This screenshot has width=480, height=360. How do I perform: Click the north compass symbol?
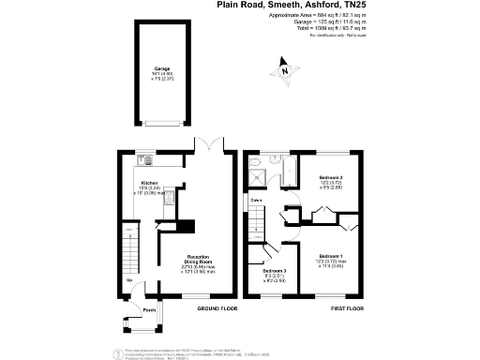point(282,67)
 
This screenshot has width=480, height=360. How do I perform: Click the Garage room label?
point(162,70)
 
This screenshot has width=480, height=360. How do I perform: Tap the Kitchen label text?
point(148,184)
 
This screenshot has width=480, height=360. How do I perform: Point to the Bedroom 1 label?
point(330,257)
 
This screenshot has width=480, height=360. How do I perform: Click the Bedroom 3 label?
point(274,273)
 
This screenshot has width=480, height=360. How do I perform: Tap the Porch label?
point(148,311)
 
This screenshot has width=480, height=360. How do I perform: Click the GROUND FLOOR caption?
point(217,307)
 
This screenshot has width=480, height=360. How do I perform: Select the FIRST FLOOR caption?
point(347,307)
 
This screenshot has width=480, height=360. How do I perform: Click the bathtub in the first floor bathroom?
point(280,172)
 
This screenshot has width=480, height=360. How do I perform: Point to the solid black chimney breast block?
point(187,227)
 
